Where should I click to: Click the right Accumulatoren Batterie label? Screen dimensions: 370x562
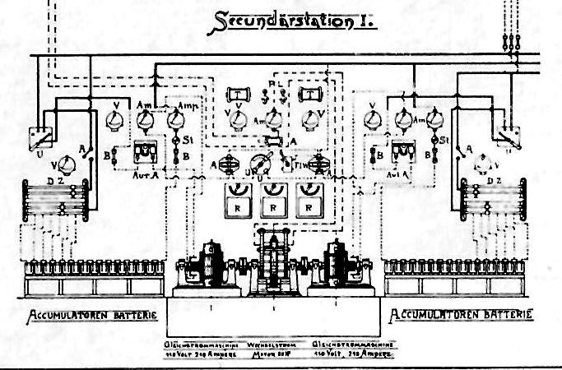461,315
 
